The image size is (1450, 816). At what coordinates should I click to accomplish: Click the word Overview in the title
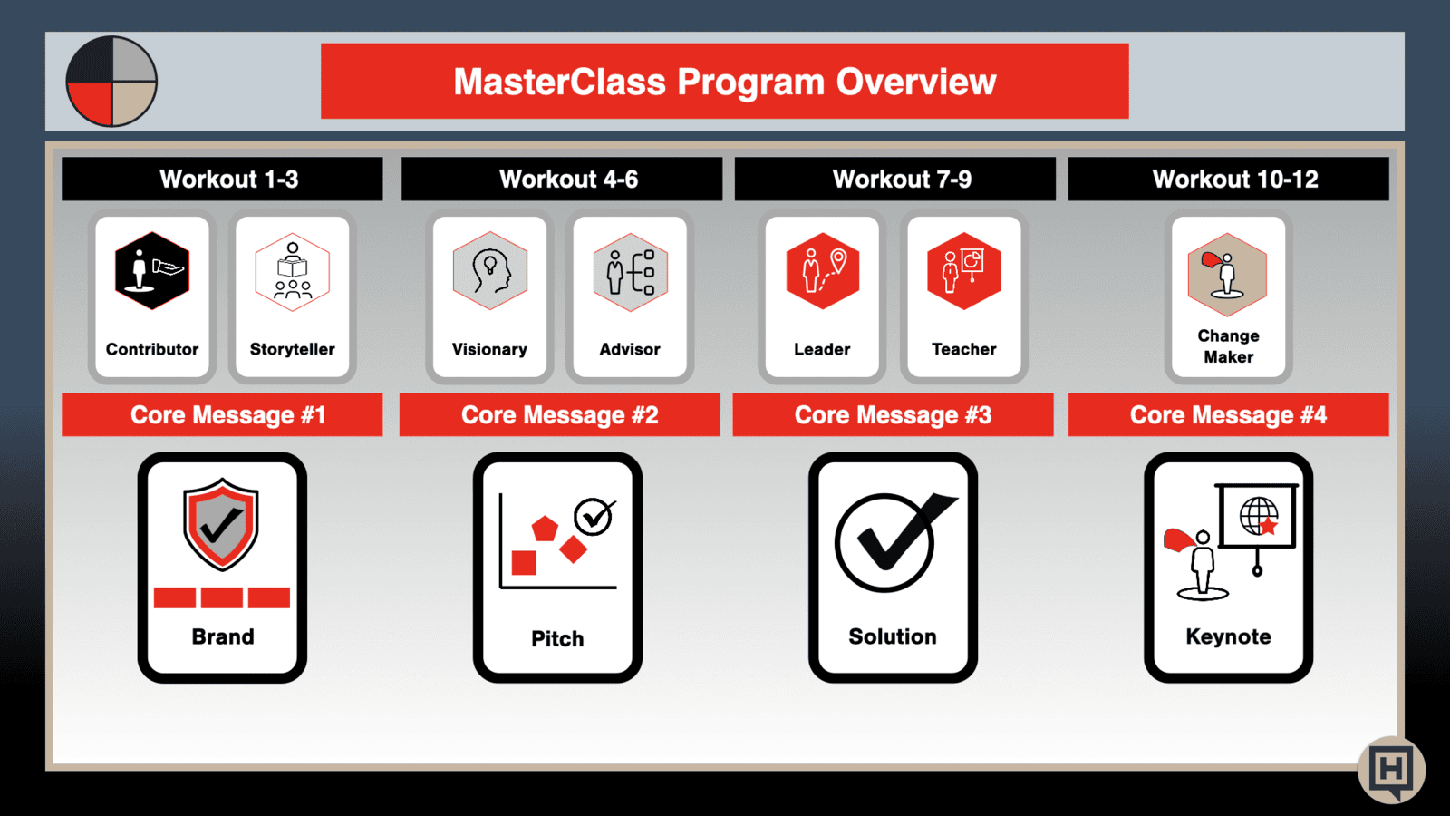pos(916,82)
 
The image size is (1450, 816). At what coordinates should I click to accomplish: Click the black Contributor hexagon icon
pos(152,271)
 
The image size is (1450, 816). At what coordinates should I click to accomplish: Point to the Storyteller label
pos(293,349)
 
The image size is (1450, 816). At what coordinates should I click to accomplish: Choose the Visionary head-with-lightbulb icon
pos(490,271)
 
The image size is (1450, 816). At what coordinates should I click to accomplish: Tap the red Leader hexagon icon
pos(823,271)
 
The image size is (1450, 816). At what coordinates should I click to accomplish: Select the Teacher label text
pos(964,349)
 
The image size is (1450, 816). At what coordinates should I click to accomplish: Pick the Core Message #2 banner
pos(560,414)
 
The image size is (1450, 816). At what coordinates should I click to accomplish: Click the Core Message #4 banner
pos(1229,414)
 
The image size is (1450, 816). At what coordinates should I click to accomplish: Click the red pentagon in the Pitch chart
pos(545,529)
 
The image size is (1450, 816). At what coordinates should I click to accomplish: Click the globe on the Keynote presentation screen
pos(1259,516)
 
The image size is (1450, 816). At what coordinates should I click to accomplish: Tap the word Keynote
pos(1229,636)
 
